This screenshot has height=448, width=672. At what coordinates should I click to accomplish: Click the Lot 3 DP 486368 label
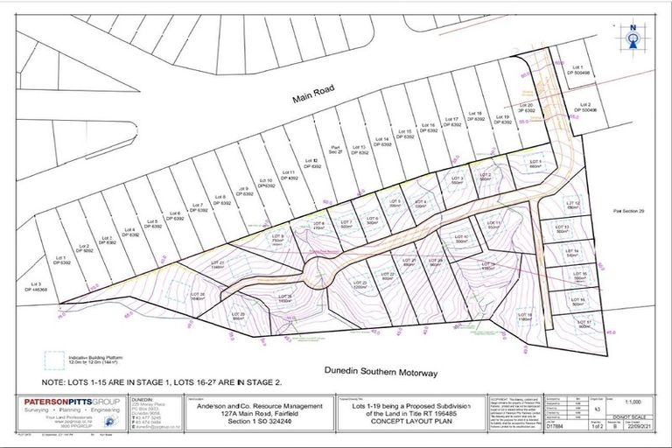[37, 286]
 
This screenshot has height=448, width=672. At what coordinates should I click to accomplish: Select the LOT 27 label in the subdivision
[217, 264]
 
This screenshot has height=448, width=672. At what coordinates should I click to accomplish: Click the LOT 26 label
[197, 295]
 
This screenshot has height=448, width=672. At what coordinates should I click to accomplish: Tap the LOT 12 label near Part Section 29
[573, 205]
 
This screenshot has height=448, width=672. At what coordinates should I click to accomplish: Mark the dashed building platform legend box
[55, 360]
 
